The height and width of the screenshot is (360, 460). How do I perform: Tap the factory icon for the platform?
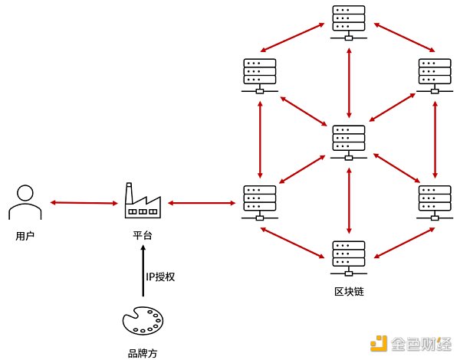tap(143, 200)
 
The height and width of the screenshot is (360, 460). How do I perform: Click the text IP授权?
tap(161, 276)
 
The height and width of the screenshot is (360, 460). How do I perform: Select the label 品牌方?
tap(143, 353)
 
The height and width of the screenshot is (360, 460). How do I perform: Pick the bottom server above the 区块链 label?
tap(349, 258)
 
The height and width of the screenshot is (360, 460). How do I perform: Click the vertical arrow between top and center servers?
tap(349, 81)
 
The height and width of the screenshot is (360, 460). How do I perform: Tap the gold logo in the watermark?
tap(378, 342)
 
